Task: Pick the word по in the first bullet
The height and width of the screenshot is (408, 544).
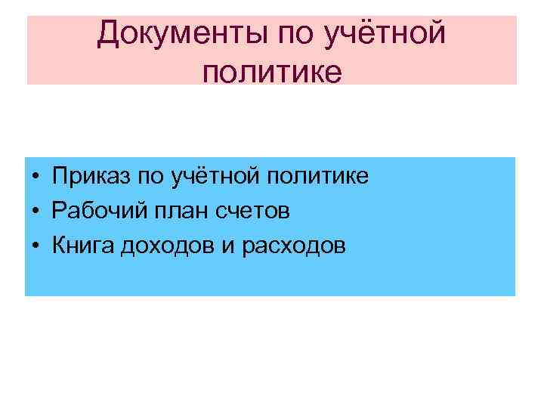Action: tap(153, 177)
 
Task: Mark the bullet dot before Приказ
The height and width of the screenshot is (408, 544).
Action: tap(36, 178)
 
